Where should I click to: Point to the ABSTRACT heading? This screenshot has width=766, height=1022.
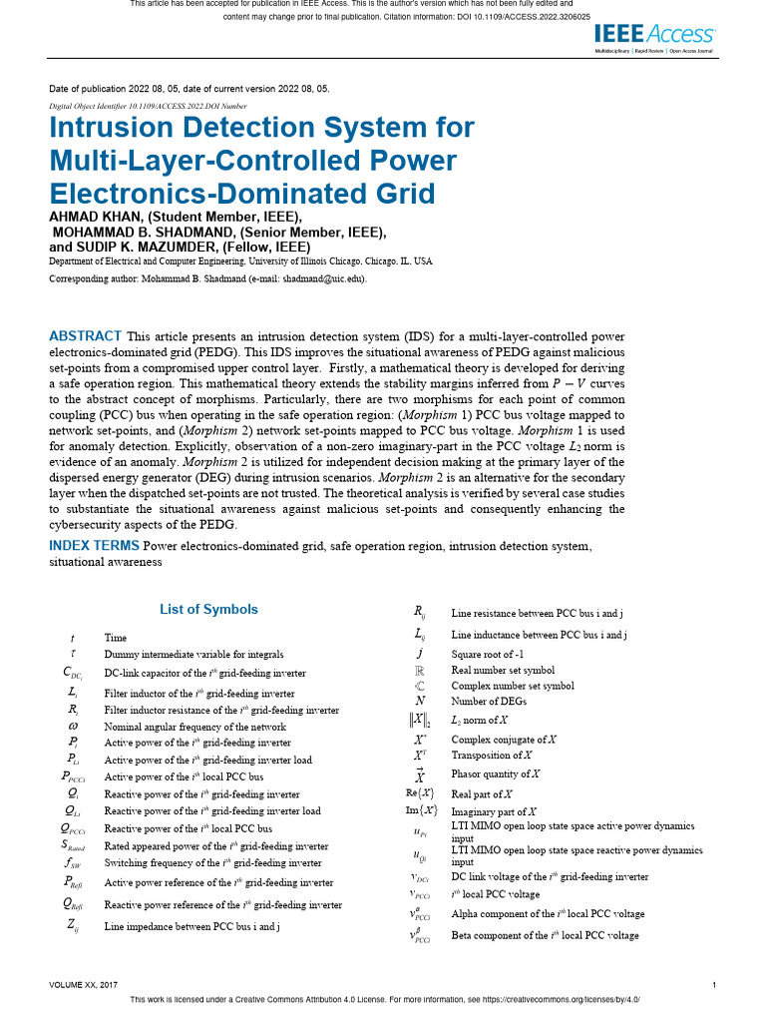point(85,336)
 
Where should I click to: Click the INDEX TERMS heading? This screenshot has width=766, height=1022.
point(95,546)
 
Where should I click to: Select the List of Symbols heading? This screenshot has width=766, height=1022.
point(208,610)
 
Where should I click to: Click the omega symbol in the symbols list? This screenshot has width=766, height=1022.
point(73,727)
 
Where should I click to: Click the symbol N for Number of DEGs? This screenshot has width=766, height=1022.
point(421,701)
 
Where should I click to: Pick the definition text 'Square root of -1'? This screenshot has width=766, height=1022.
point(487,653)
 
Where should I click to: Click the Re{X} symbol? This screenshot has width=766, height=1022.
point(421,793)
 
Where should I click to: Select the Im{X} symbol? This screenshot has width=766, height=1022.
point(421,811)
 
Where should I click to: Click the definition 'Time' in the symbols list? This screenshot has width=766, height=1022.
point(115,637)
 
